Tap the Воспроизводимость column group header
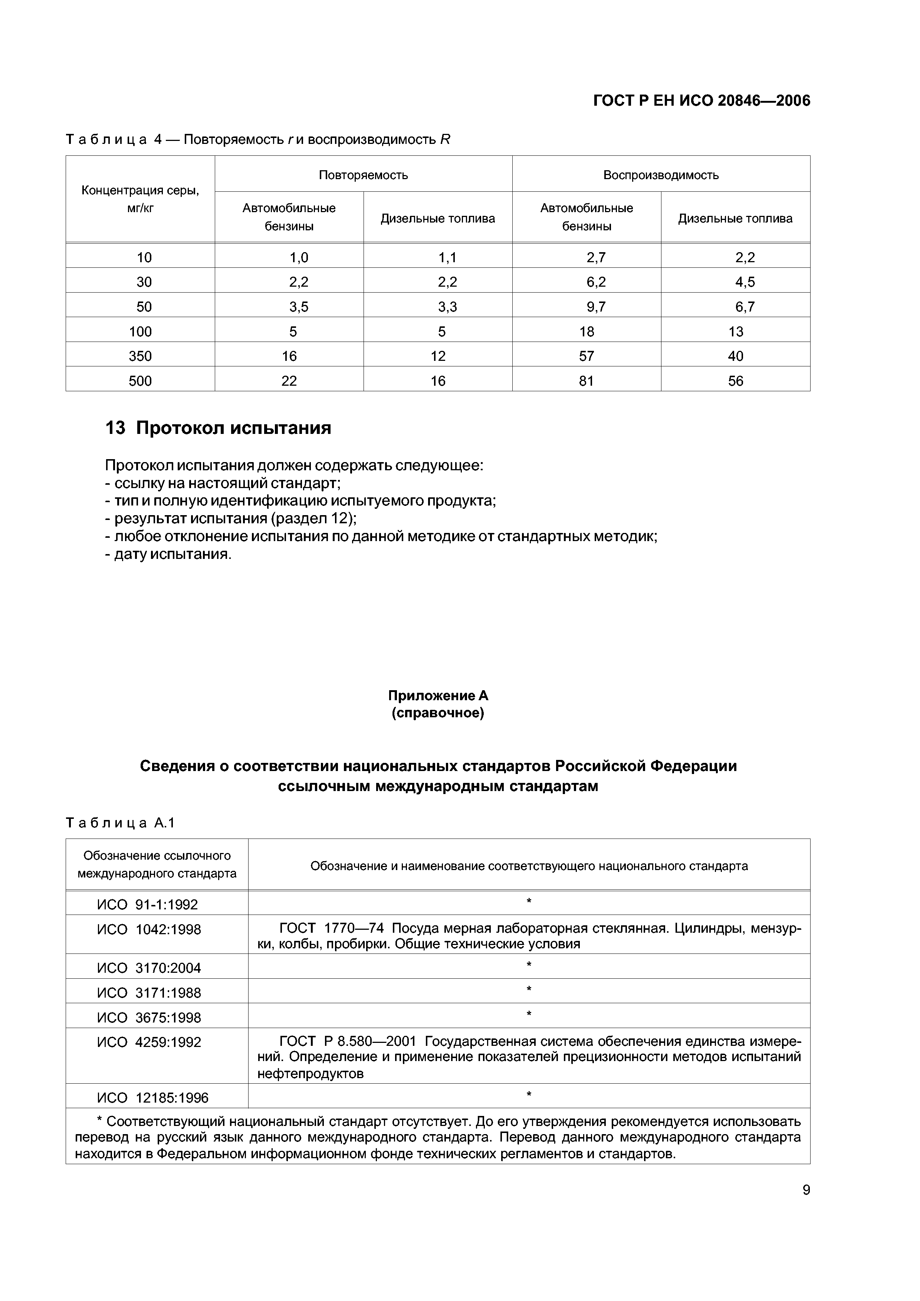tap(661, 175)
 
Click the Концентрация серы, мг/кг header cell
tap(141, 199)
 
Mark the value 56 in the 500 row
tap(735, 381)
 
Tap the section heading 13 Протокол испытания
tap(218, 428)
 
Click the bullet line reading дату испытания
tap(168, 554)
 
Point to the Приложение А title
tap(438, 695)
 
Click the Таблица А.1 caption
tap(121, 823)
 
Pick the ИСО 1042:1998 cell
tap(149, 930)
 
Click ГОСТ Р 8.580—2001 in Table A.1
tap(348, 1041)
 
